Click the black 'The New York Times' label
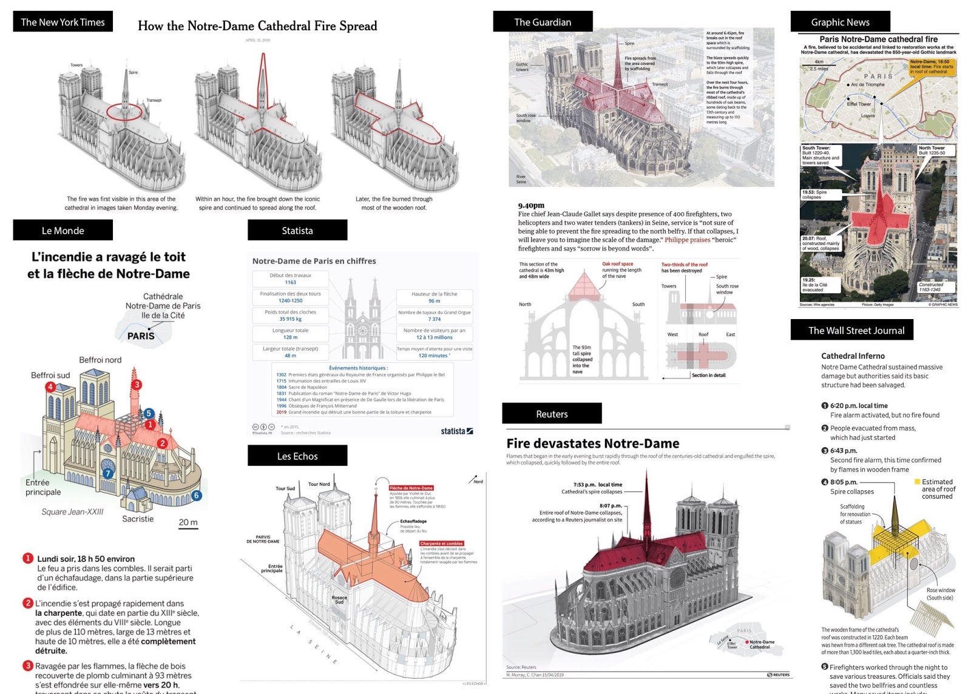pyautogui.click(x=63, y=22)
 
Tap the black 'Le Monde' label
pyautogui.click(x=63, y=231)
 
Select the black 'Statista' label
pyautogui.click(x=297, y=231)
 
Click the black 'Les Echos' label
pyautogui.click(x=297, y=456)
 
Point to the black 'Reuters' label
pyautogui.click(x=552, y=414)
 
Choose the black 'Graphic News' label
pyautogui.click(x=840, y=22)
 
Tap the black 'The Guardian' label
pyautogui.click(x=543, y=22)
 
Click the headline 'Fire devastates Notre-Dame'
pyautogui.click(x=592, y=443)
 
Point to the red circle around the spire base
pyautogui.click(x=124, y=112)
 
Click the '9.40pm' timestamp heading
pyautogui.click(x=531, y=205)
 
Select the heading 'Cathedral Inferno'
pyautogui.click(x=853, y=356)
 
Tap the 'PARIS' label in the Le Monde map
pyautogui.click(x=141, y=335)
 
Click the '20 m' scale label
pyautogui.click(x=188, y=522)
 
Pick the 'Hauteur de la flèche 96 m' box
pyautogui.click(x=434, y=297)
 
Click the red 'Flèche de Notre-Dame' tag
pyautogui.click(x=411, y=488)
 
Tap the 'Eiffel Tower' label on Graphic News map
pyautogui.click(x=859, y=104)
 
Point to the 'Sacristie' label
pyautogui.click(x=138, y=519)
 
